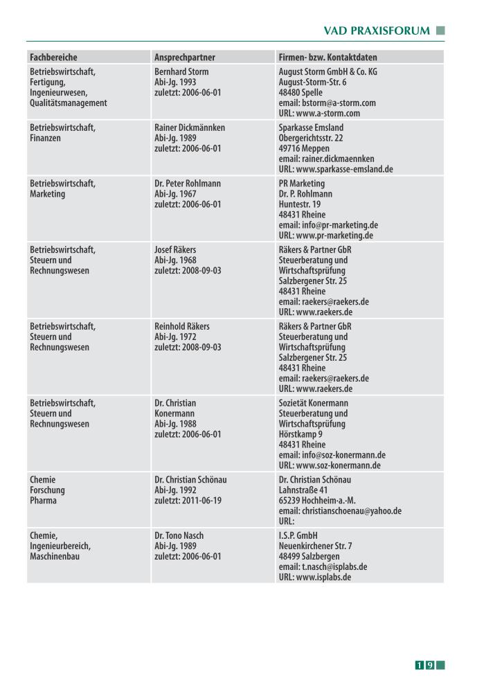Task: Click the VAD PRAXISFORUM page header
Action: pyautogui.click(x=377, y=31)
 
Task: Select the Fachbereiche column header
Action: pyautogui.click(x=53, y=57)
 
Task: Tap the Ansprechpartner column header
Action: pyautogui.click(x=184, y=57)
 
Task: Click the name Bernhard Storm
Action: pyautogui.click(x=181, y=72)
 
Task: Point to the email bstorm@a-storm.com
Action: pyautogui.click(x=327, y=103)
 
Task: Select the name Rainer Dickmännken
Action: pyautogui.click(x=190, y=128)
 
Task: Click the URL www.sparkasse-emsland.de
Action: pyautogui.click(x=336, y=169)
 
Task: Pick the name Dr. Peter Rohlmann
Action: pyautogui.click(x=188, y=184)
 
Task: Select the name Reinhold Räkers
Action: pyautogui.click(x=182, y=326)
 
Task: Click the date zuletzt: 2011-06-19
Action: pyautogui.click(x=188, y=501)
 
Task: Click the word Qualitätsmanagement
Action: pyautogui.click(x=69, y=103)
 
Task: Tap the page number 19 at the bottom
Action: pyautogui.click(x=424, y=666)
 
